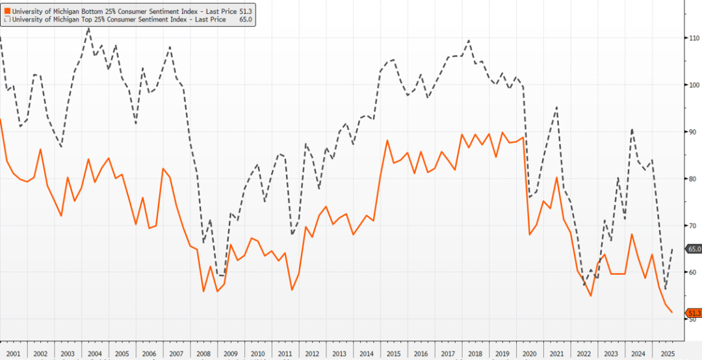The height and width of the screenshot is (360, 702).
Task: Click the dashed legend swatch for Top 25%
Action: coord(6,19)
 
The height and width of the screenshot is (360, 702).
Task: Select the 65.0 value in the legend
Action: coord(246,19)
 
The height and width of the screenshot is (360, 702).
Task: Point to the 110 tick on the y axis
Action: coord(694,38)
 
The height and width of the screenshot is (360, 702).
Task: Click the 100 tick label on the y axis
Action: coord(694,85)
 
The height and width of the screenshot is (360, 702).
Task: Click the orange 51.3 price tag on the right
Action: coord(694,313)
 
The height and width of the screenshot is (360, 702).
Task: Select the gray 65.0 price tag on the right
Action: coord(694,249)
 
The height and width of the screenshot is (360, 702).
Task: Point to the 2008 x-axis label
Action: coord(203,354)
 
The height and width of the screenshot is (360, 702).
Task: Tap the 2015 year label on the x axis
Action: coord(393,354)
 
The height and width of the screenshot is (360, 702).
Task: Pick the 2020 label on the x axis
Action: coord(529,354)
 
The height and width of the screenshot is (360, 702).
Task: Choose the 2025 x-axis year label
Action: coord(666,354)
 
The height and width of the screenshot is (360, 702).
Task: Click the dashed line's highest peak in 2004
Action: coord(88,28)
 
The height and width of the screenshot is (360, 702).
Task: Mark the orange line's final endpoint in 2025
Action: coord(671,313)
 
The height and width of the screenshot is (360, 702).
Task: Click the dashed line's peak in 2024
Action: coord(632,129)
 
